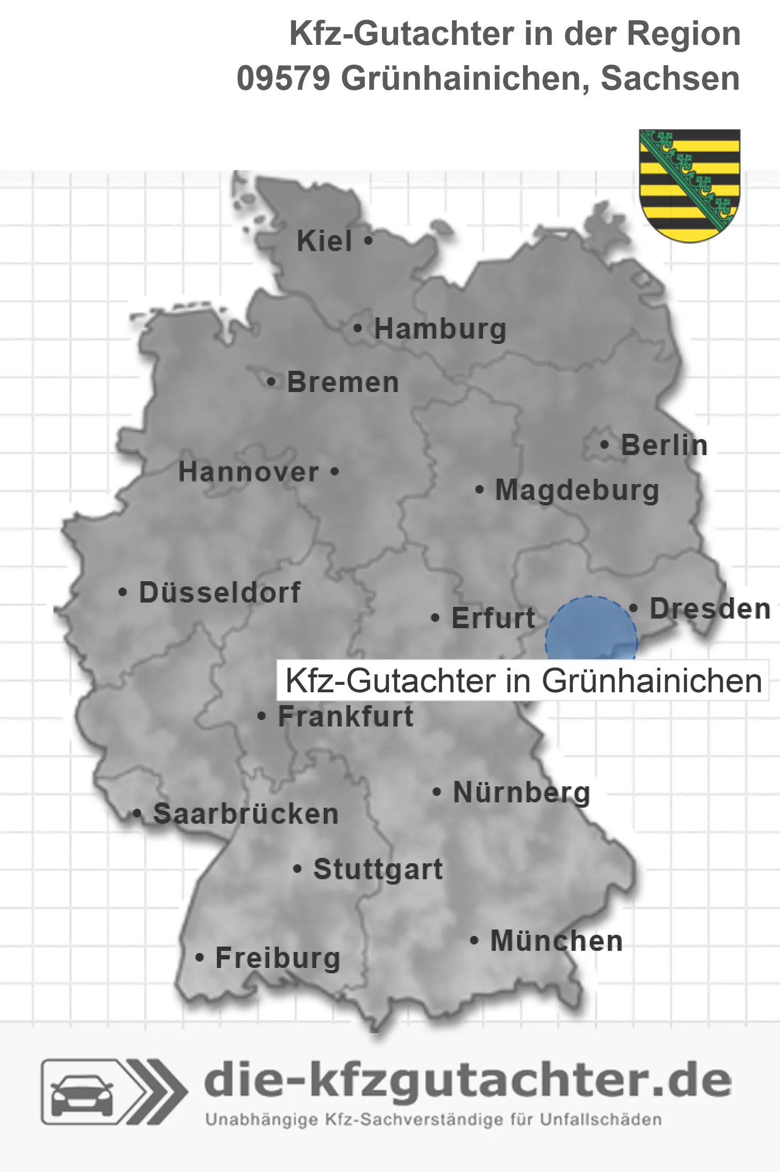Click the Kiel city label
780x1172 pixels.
[324, 241]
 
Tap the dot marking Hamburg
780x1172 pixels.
[358, 329]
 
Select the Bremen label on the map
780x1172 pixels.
[343, 382]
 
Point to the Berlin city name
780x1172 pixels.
[664, 446]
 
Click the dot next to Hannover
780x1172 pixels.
[335, 472]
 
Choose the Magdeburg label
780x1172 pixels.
[577, 490]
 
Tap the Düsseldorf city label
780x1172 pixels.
[220, 592]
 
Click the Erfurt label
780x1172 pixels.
[493, 618]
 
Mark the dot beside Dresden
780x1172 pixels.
[634, 608]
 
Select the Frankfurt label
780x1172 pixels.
[346, 716]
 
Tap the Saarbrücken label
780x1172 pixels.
[246, 814]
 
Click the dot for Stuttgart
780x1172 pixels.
[298, 869]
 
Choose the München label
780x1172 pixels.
[557, 941]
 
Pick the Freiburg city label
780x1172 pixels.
[278, 958]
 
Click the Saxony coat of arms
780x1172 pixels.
[690, 185]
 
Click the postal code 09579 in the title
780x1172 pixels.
[283, 79]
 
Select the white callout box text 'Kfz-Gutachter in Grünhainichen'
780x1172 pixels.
[523, 681]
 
